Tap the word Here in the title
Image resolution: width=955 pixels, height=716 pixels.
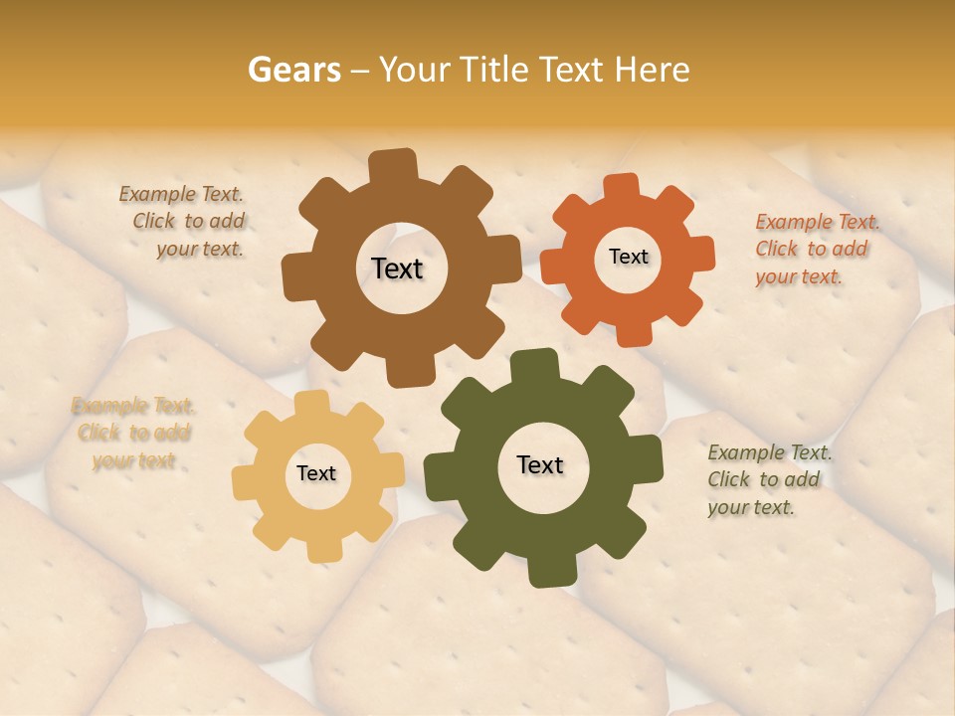tap(652, 70)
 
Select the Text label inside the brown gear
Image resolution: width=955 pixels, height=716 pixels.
tap(397, 268)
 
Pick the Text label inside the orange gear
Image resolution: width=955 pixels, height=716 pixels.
tap(628, 257)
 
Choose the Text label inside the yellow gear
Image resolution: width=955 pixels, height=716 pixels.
tap(316, 473)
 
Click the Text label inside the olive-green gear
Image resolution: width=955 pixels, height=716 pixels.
tap(540, 464)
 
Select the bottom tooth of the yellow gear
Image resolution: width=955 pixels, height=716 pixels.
tap(323, 549)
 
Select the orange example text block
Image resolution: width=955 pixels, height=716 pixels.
tap(816, 249)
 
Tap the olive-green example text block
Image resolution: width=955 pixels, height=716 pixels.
tap(768, 479)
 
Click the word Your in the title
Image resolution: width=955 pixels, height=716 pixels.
tap(415, 70)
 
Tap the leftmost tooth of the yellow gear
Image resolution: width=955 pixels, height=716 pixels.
tap(245, 482)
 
